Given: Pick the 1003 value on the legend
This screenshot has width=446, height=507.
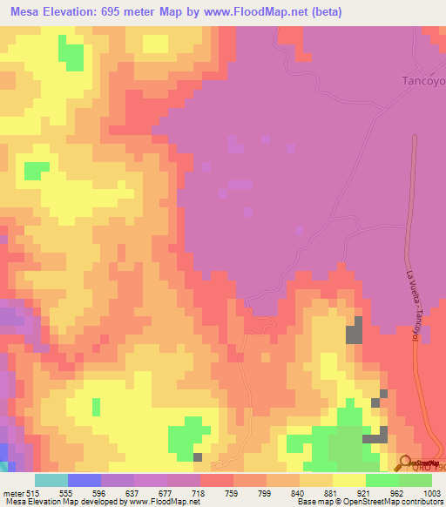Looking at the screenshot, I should click(x=433, y=492).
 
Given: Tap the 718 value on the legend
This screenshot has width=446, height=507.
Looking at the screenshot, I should click(x=199, y=492).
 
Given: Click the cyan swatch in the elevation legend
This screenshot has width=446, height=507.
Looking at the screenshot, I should click(x=51, y=480).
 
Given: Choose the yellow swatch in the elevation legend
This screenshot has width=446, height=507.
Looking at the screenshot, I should click(x=348, y=480).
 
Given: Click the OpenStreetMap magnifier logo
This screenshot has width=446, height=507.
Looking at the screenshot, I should click(x=407, y=463).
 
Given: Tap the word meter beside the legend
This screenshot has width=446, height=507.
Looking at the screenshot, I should click(x=13, y=492).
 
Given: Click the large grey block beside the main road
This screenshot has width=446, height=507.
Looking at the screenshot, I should click(x=355, y=333).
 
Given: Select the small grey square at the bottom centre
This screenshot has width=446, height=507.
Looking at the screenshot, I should click(x=198, y=456).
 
